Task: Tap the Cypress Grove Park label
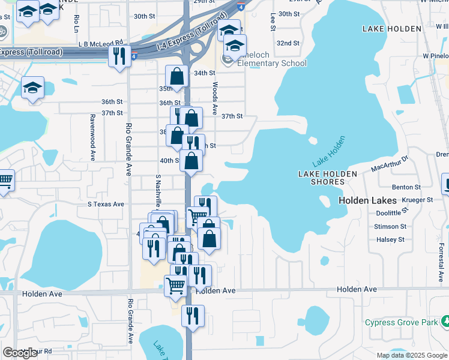point(402,323)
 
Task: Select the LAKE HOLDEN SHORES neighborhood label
point(328,178)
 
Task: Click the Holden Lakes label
point(368,200)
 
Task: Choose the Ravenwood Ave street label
point(93,137)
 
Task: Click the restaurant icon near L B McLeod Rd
point(119,56)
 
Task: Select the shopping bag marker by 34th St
point(176,76)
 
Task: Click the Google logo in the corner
point(20,353)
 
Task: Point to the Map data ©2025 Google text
point(411,355)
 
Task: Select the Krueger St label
point(419,200)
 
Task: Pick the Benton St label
point(406,187)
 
